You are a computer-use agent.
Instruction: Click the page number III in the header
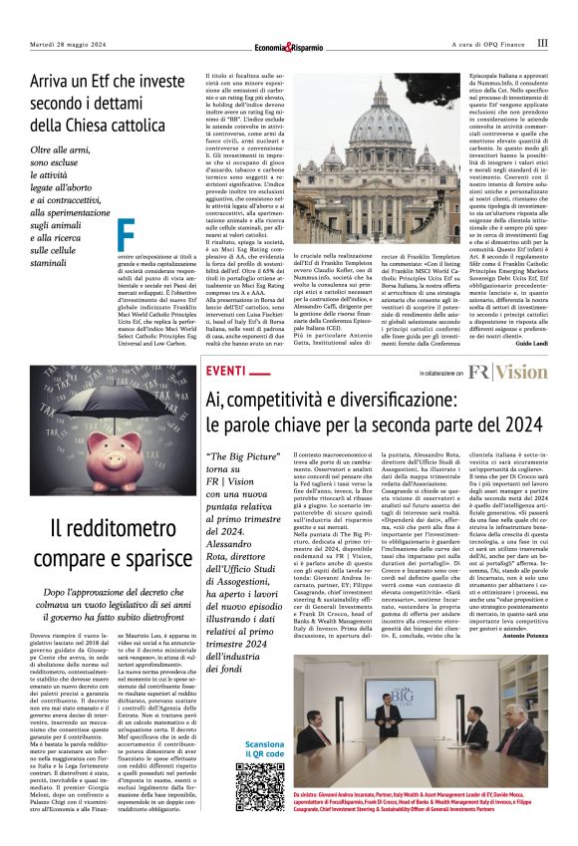pos(542,43)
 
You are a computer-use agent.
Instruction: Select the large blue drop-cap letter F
pos(126,234)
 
